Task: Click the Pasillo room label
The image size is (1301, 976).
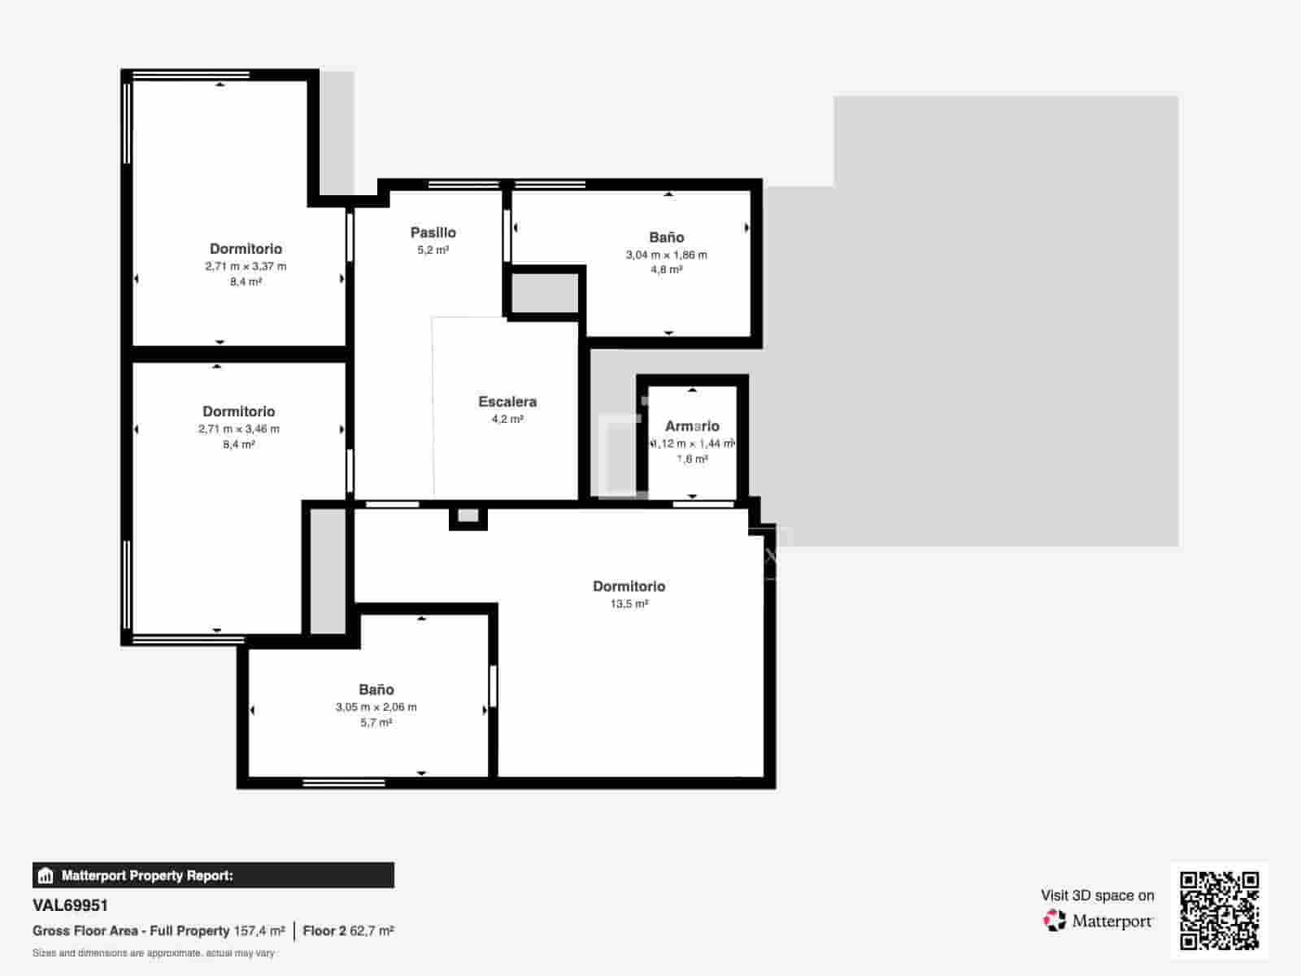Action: click(433, 233)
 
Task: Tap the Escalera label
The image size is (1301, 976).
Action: click(507, 402)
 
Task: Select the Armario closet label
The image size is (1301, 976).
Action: click(692, 426)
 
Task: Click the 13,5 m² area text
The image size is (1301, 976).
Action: click(629, 603)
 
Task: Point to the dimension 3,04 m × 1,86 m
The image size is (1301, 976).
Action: click(666, 255)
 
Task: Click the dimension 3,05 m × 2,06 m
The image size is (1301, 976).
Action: click(376, 707)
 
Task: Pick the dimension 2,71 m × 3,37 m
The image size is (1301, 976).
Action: click(246, 266)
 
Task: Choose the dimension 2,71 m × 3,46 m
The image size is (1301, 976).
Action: click(239, 429)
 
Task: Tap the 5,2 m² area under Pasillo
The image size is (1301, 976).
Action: click(433, 250)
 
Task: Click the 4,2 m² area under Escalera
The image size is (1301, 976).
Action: click(507, 419)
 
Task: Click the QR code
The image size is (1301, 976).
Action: click(1219, 911)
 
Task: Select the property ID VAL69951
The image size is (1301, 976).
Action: click(70, 905)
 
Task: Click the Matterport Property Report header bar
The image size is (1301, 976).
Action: click(213, 875)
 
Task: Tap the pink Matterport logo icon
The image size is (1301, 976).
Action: click(1055, 921)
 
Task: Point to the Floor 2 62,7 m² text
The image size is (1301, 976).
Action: click(349, 931)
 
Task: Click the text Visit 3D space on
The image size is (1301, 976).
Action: click(1097, 895)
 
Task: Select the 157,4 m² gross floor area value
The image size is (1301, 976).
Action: click(259, 931)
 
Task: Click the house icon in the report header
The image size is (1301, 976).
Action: click(46, 875)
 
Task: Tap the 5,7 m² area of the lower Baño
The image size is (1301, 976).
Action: click(376, 723)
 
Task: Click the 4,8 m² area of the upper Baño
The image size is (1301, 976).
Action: click(666, 270)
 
